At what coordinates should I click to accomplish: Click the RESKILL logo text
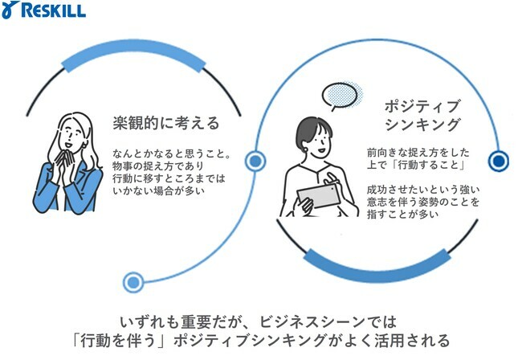pos(53,10)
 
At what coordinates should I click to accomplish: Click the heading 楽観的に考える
pos(166,123)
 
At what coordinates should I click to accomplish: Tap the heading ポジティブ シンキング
pos(422,115)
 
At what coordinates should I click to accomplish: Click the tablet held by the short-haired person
pos(319,196)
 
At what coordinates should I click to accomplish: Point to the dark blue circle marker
pos(499,162)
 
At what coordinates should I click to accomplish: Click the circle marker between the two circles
pos(255,162)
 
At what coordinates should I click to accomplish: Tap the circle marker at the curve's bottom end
pos(133,282)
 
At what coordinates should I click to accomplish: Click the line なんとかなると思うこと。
pos(172,153)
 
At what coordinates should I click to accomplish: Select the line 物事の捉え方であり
pos(157,166)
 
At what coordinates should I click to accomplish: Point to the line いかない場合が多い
pos(158,190)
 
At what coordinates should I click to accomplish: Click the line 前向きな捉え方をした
pos(418,153)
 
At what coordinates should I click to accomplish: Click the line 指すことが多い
pos(402,214)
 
